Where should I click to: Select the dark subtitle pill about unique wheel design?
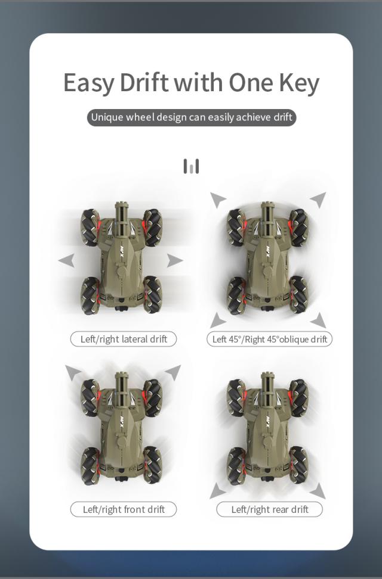tap(191, 117)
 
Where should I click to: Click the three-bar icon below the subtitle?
tap(191, 166)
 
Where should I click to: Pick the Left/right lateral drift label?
tap(124, 339)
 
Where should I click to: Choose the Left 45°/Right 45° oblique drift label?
tap(270, 339)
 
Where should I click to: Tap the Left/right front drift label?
tap(124, 509)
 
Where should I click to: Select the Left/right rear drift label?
tap(270, 509)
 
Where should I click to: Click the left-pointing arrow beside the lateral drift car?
tap(66, 260)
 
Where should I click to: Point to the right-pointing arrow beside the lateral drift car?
tap(174, 260)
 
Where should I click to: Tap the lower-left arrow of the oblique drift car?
tap(218, 320)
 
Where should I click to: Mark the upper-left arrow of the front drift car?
tap(73, 372)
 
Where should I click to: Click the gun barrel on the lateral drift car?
tap(120, 214)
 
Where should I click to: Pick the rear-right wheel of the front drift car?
tap(152, 463)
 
